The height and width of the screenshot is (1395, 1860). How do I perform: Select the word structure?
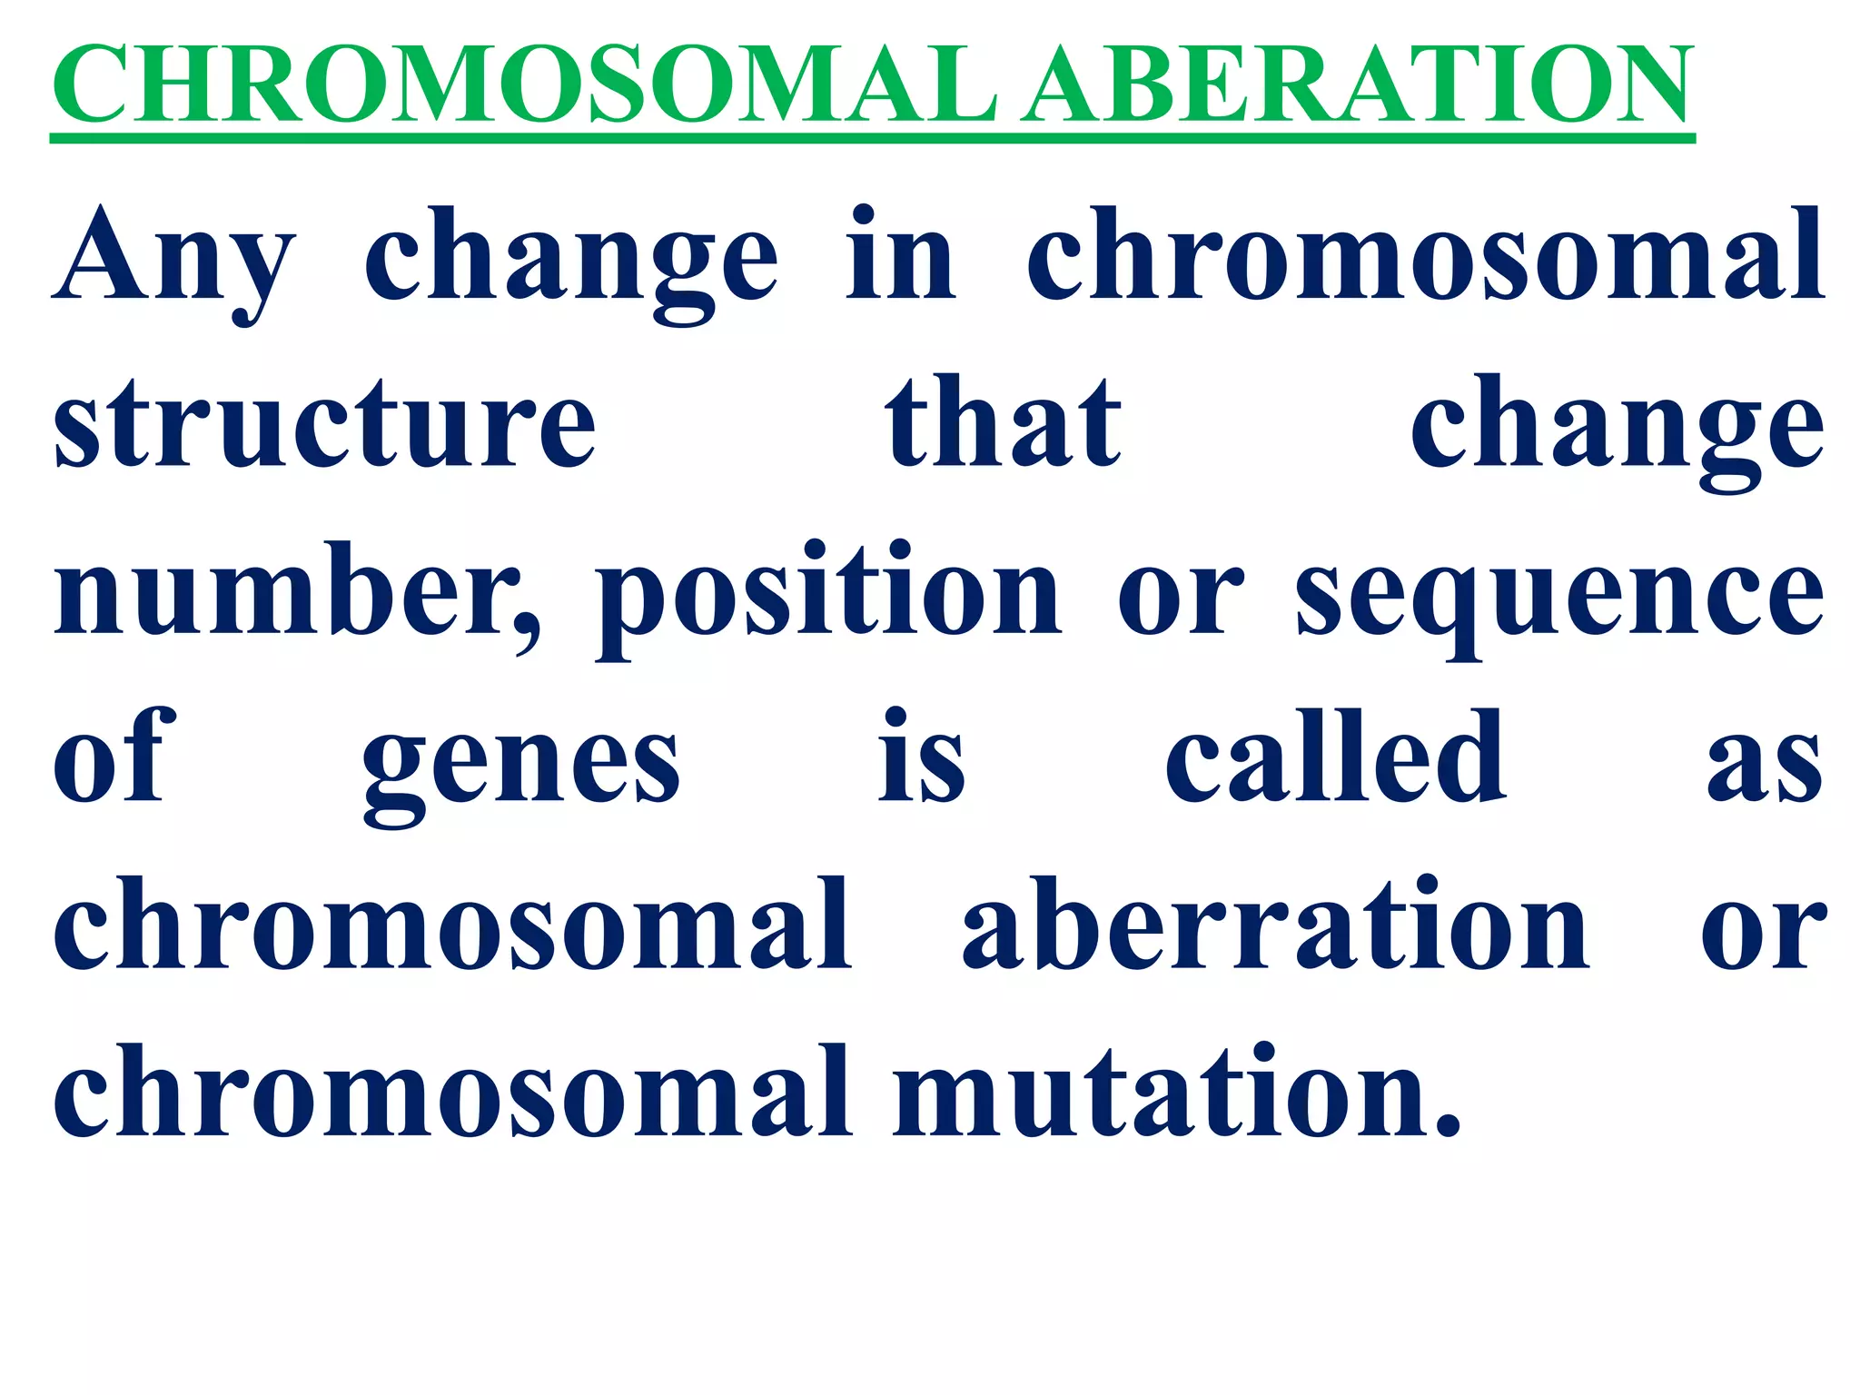(x=324, y=425)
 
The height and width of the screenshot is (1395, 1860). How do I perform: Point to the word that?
(x=1003, y=423)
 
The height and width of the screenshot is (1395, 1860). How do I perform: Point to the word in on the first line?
(x=900, y=256)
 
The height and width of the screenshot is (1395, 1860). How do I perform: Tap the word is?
(x=921, y=758)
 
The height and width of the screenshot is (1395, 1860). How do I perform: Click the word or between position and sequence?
(x=1179, y=599)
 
